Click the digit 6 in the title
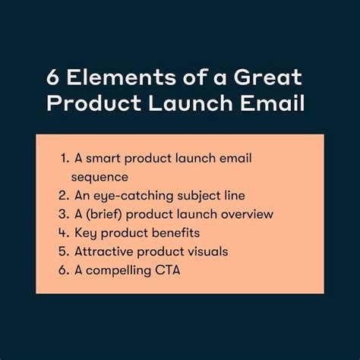(x=53, y=79)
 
